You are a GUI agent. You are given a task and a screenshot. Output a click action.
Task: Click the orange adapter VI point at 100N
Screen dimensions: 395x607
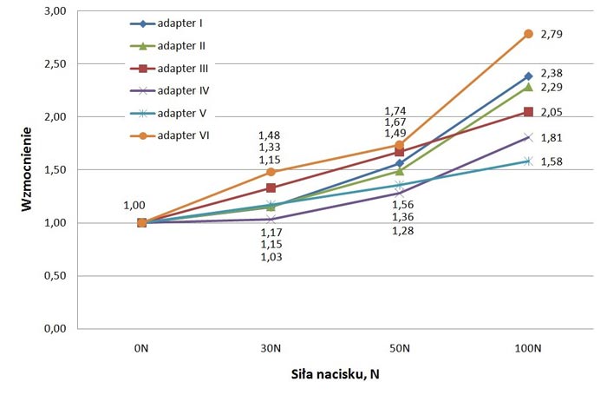tap(528, 34)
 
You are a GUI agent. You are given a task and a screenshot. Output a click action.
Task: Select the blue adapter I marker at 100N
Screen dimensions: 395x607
tap(528, 76)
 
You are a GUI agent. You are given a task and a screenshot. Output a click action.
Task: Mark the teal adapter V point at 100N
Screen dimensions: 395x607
tap(528, 161)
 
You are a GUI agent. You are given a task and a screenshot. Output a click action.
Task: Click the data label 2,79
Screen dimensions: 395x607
tap(552, 34)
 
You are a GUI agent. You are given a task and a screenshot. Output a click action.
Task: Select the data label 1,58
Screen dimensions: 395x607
tap(552, 161)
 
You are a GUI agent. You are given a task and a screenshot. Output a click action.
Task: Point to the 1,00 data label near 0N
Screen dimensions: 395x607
tap(134, 206)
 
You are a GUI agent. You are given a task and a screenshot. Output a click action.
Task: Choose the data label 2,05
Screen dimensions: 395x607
tap(552, 112)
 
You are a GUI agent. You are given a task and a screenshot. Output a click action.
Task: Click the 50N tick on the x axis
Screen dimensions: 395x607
tap(399, 348)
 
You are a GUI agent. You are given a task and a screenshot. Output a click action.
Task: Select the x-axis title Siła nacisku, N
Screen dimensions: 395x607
tap(334, 375)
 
